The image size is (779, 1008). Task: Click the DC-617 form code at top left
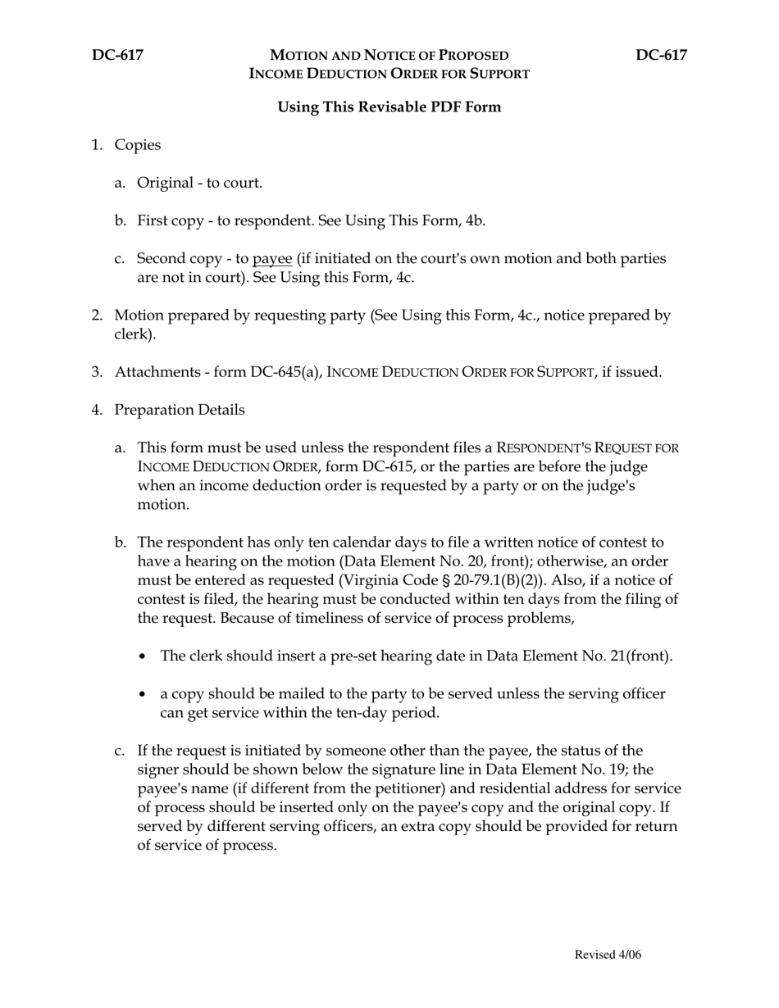[x=117, y=55]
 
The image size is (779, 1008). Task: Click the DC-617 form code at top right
[x=661, y=55]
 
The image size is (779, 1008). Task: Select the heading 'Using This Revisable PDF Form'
[x=389, y=107]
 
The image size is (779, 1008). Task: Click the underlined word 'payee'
[x=272, y=259]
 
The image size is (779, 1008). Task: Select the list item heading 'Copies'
[x=137, y=145]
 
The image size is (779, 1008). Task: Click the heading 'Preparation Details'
[x=179, y=410]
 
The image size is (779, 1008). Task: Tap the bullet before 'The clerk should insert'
[x=145, y=656]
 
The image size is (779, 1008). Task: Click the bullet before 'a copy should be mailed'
[x=145, y=695]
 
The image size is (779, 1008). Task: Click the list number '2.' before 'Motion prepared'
[x=98, y=316]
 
